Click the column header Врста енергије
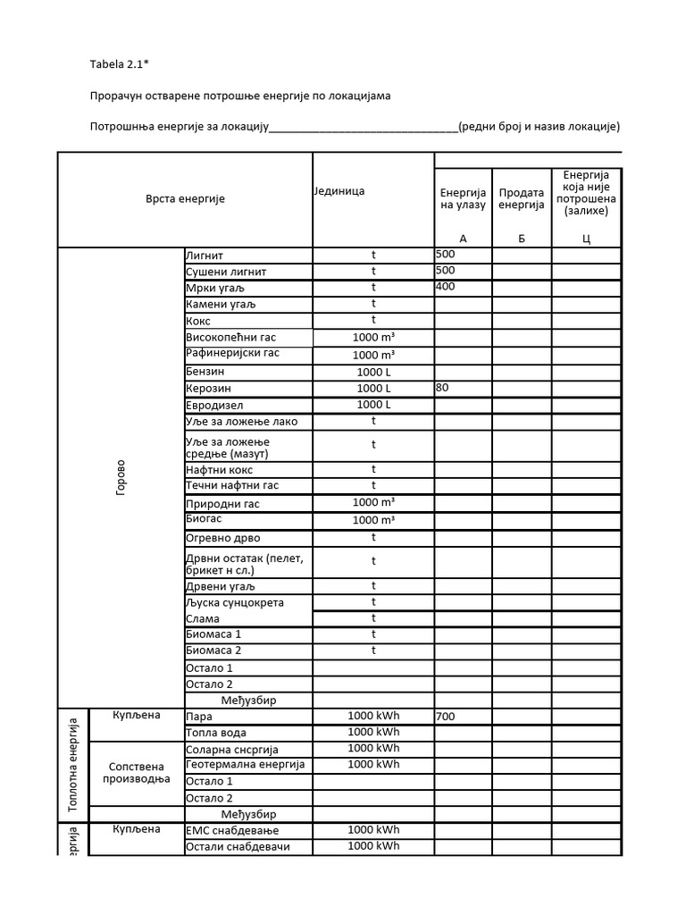(185, 198)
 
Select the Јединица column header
(339, 191)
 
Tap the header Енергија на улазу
(463, 199)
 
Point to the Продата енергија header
(521, 199)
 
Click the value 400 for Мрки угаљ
(445, 287)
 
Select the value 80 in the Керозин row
(443, 388)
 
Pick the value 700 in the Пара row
(445, 717)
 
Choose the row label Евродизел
(214, 405)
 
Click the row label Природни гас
(222, 504)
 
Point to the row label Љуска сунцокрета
(235, 602)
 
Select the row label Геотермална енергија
(246, 765)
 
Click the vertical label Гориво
(121, 479)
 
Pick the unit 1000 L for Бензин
(373, 372)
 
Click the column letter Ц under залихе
(586, 239)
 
